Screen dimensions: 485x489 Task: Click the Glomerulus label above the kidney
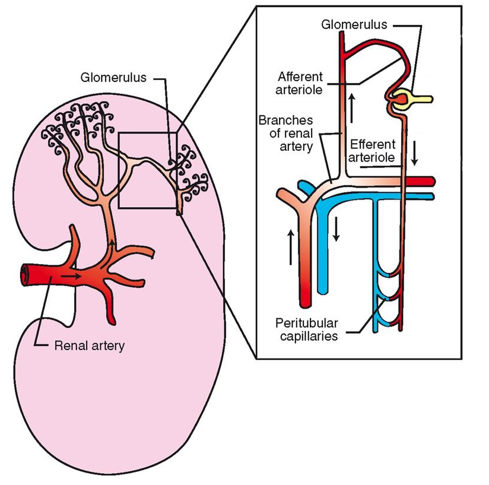[x=113, y=77]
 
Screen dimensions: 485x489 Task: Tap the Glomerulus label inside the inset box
[x=354, y=24]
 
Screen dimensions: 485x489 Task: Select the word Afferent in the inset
[x=300, y=77]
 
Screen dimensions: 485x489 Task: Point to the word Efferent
[x=372, y=144]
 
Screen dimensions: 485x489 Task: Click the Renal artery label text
[x=89, y=345]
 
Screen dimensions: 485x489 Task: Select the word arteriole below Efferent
[x=372, y=158]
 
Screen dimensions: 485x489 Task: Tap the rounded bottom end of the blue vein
[x=323, y=290]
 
